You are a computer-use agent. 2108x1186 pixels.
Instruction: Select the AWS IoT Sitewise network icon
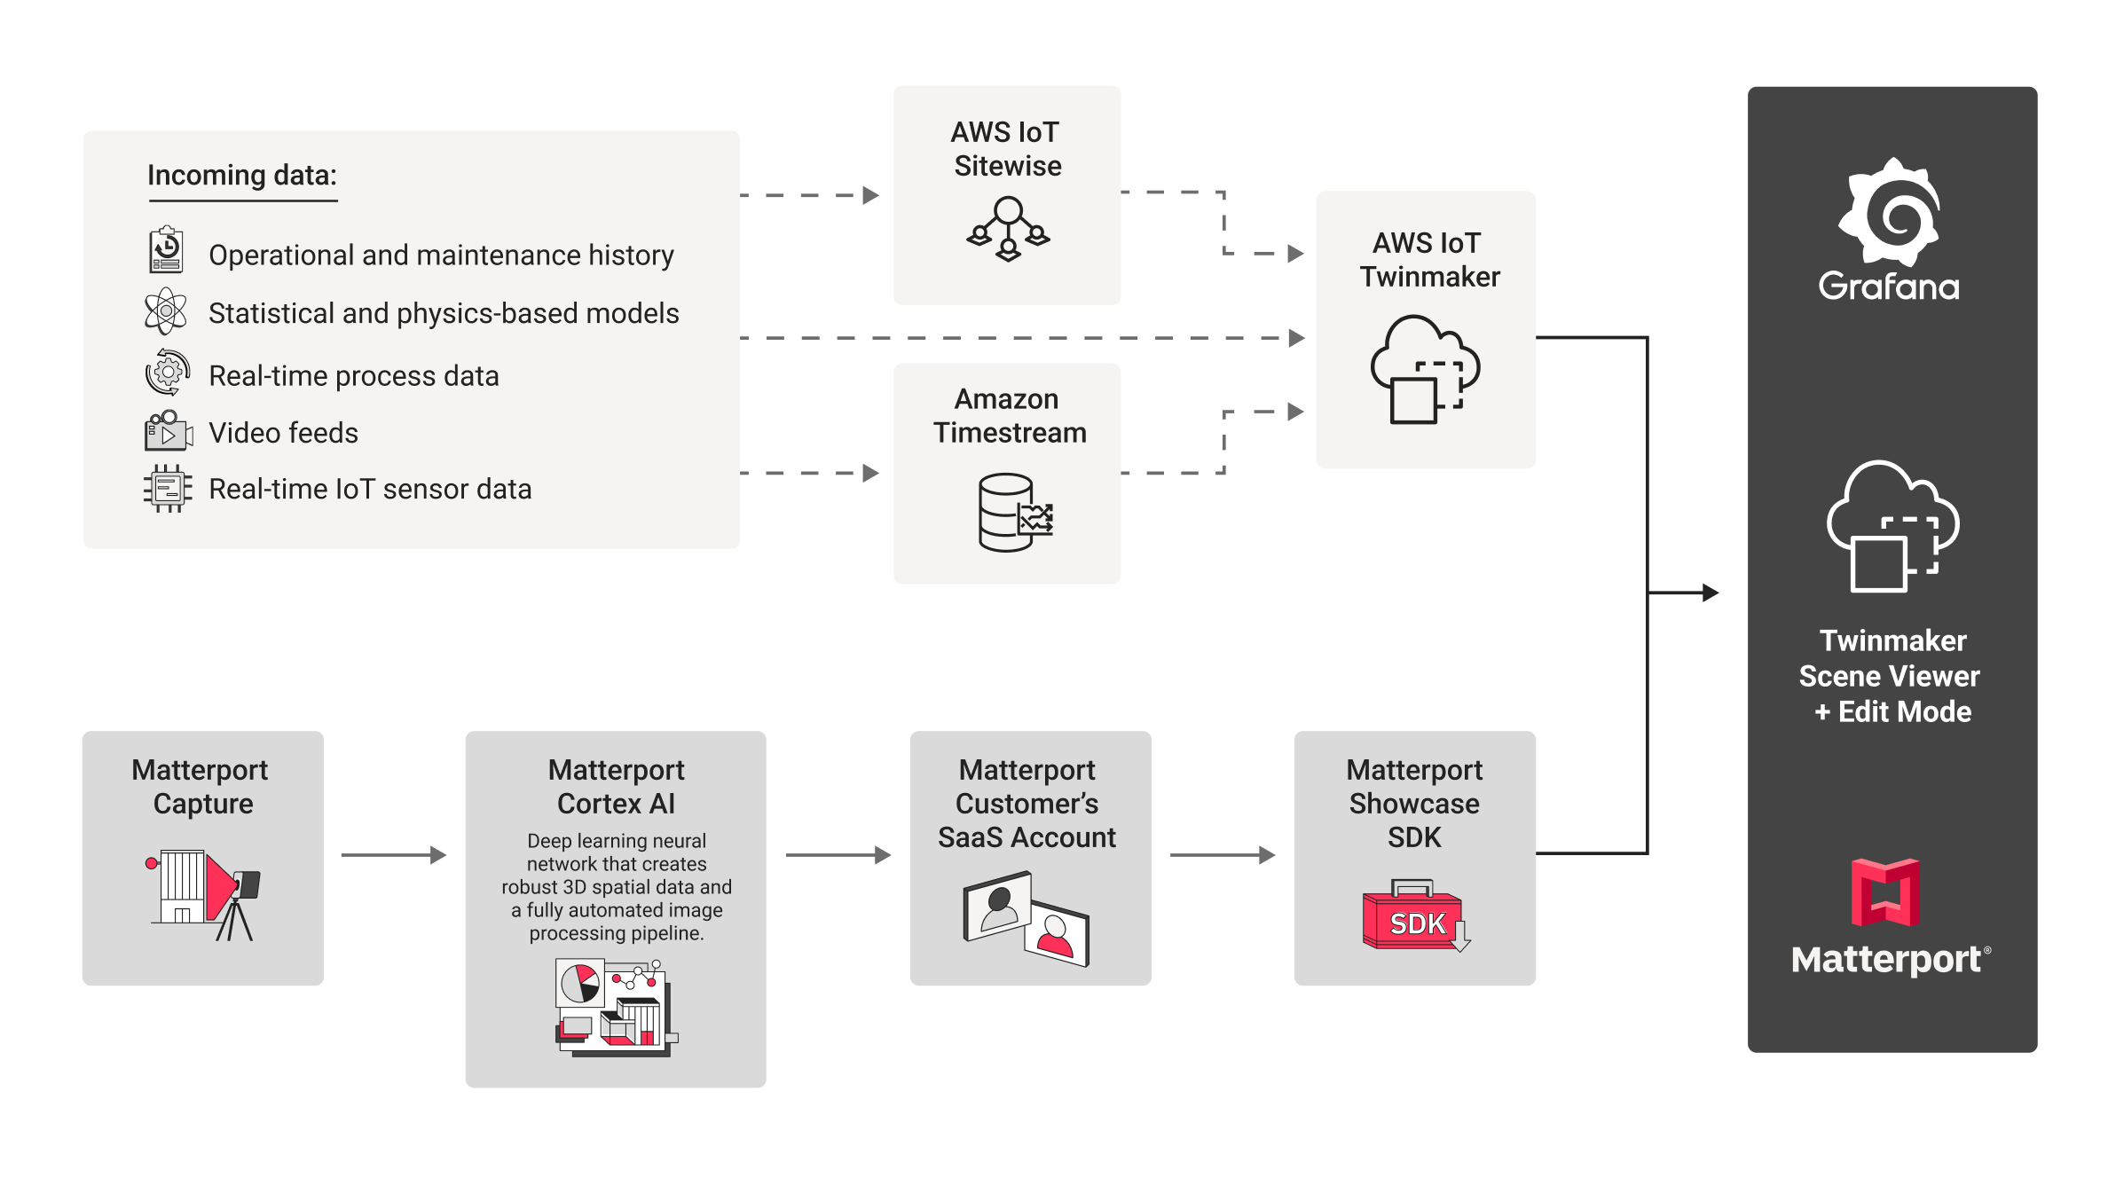(x=1008, y=229)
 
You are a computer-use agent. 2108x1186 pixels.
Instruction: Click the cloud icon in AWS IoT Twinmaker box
(x=1425, y=369)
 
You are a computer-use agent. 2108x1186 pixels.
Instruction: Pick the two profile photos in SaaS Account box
(x=1026, y=919)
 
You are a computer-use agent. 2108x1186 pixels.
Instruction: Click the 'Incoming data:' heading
(x=242, y=176)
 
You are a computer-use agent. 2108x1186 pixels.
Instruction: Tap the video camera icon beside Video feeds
(x=168, y=431)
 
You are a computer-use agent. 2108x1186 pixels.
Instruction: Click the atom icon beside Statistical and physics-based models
(x=166, y=311)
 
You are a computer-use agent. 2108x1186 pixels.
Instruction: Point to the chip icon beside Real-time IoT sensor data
(x=168, y=488)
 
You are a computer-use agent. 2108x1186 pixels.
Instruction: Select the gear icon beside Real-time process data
(x=168, y=373)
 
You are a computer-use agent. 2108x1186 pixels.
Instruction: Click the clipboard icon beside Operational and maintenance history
(x=166, y=251)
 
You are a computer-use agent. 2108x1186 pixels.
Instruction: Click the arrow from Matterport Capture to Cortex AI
(x=393, y=855)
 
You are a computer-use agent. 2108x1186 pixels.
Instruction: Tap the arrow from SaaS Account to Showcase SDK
(x=1222, y=855)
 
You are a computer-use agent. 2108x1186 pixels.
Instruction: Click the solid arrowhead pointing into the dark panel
(x=1710, y=593)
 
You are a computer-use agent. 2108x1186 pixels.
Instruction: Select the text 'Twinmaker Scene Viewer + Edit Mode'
(x=1891, y=676)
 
